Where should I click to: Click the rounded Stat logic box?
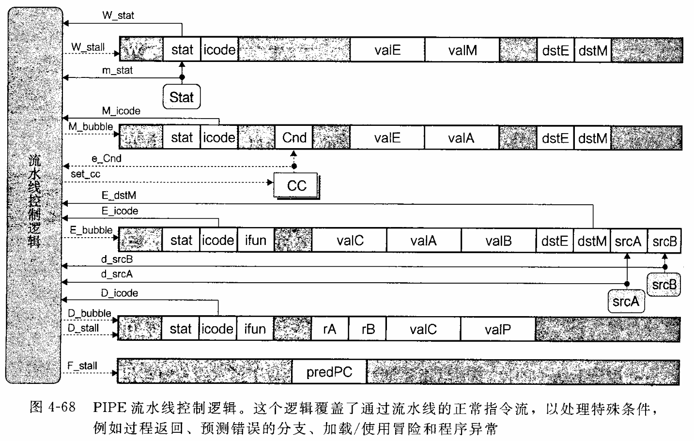click(182, 97)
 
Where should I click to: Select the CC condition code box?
click(296, 185)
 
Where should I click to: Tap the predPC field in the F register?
click(329, 372)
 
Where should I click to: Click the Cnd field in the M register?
click(294, 138)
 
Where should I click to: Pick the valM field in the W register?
click(462, 50)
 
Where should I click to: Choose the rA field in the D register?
click(329, 329)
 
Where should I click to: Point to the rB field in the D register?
click(368, 329)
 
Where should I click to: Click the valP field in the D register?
click(497, 329)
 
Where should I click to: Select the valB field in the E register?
click(498, 241)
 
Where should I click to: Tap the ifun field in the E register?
click(255, 241)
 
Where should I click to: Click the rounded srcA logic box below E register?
click(626, 302)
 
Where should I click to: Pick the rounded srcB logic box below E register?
click(663, 285)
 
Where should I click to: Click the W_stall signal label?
click(88, 47)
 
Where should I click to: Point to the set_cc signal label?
click(85, 174)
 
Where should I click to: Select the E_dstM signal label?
click(119, 196)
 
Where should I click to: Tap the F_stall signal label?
click(82, 366)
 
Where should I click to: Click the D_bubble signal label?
click(89, 313)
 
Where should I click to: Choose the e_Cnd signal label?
click(106, 158)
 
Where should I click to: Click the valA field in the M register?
click(461, 138)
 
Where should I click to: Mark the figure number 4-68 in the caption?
click(61, 407)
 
